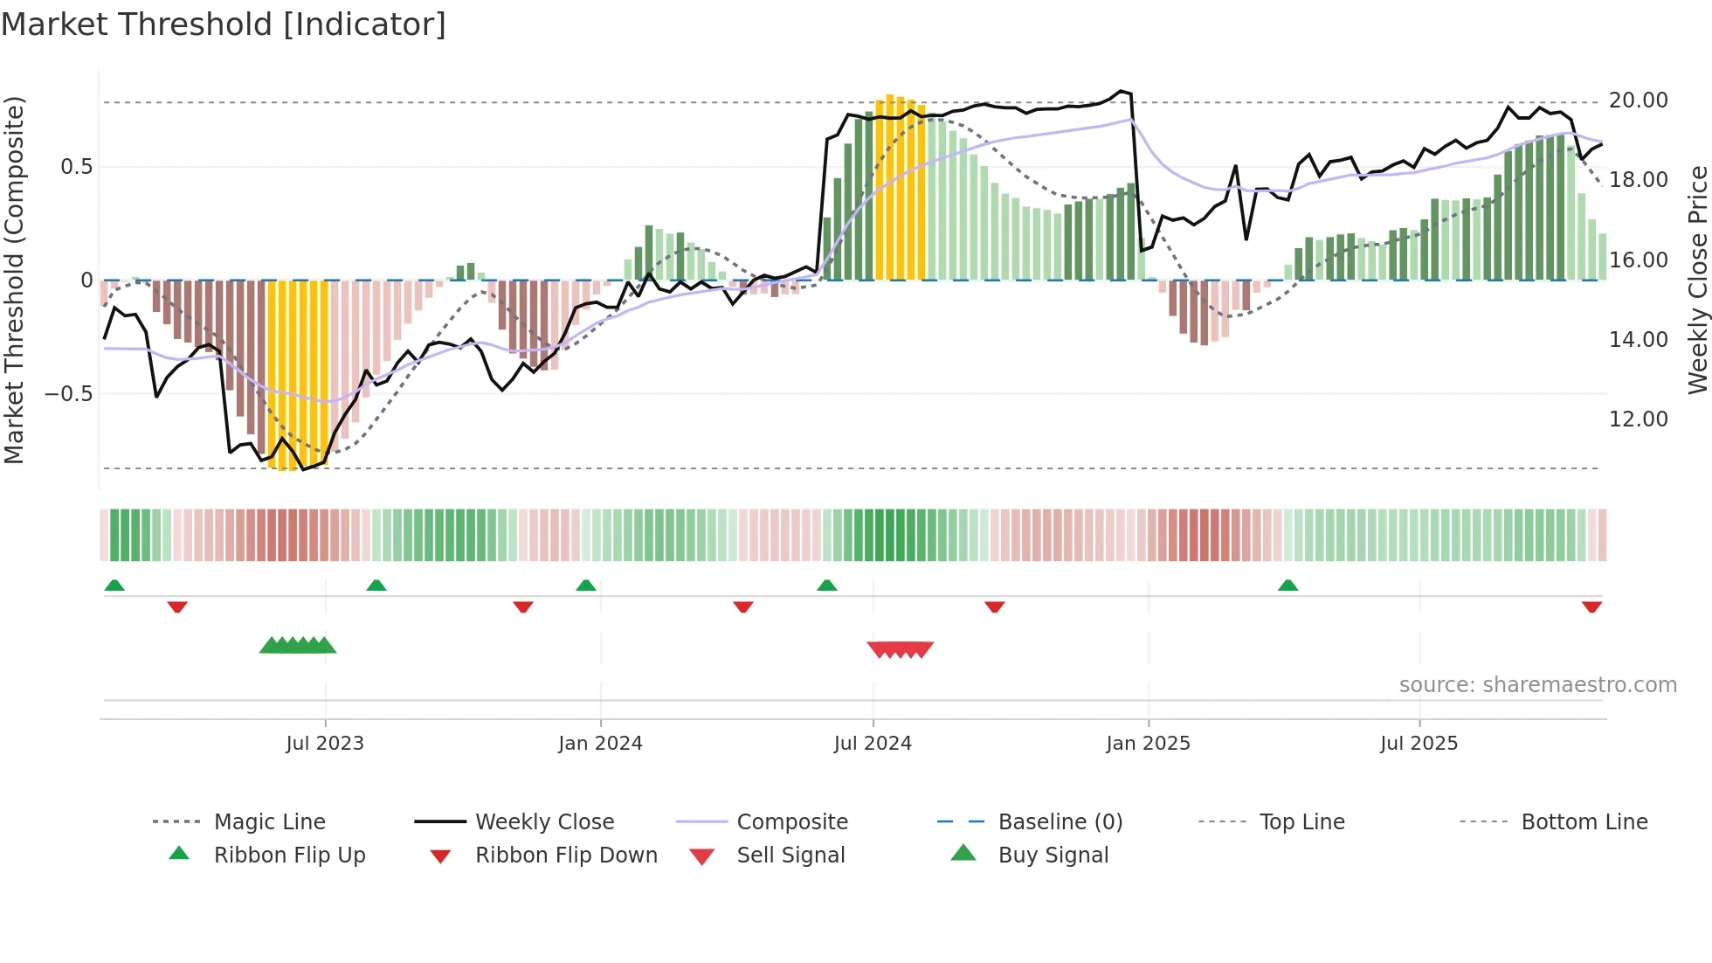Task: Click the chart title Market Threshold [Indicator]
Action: coord(224,24)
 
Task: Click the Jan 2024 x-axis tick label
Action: coord(600,744)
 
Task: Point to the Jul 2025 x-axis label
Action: coord(1419,744)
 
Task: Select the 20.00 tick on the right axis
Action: coord(1638,100)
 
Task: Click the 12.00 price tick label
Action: coord(1638,419)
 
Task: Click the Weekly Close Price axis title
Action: coord(1696,280)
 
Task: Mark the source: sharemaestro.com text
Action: coord(1537,685)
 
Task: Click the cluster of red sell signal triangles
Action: coord(900,649)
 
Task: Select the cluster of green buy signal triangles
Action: coord(298,646)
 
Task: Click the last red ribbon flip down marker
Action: coord(1591,606)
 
